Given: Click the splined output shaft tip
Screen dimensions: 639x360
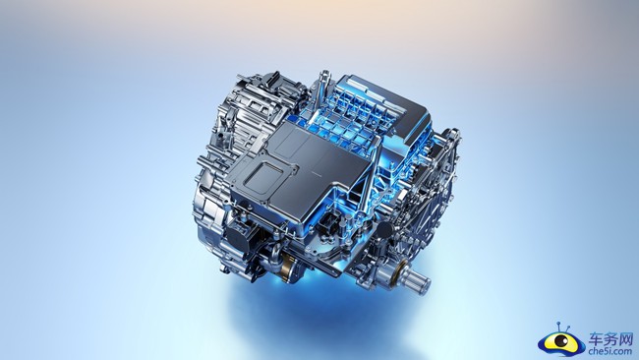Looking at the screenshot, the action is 421,281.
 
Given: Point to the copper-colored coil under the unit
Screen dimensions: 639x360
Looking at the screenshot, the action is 288,268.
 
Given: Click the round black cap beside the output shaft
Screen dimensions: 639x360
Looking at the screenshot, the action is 384,231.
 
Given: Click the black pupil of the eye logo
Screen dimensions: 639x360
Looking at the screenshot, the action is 562,339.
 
